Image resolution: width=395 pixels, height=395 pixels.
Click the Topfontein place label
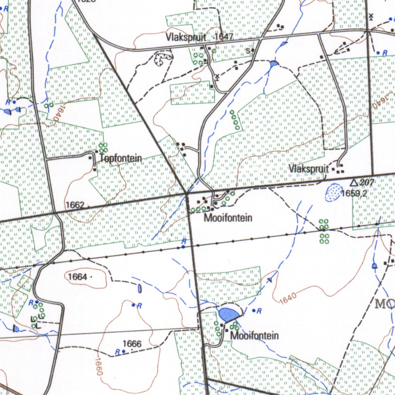(x=121, y=158)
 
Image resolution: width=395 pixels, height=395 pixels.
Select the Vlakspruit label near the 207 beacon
(x=309, y=169)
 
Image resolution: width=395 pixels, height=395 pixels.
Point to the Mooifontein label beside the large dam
(x=255, y=336)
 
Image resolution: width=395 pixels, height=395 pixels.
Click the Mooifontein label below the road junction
(x=228, y=218)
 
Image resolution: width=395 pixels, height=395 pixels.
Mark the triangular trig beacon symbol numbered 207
(x=354, y=182)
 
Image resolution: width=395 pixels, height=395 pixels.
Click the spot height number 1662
(x=74, y=205)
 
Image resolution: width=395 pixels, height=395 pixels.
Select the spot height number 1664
(x=77, y=277)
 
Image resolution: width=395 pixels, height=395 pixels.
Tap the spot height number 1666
(x=132, y=343)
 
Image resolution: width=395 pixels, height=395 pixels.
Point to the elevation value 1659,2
(x=354, y=193)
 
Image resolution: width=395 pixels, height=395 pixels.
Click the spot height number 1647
(x=225, y=37)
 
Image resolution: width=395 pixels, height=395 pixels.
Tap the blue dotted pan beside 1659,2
(x=333, y=192)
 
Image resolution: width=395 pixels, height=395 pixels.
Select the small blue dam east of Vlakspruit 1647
(x=274, y=64)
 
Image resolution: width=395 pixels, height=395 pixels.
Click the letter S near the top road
(x=248, y=50)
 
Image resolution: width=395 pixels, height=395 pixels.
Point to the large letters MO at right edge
(x=385, y=304)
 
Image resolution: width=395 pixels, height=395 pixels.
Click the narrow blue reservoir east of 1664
(x=139, y=288)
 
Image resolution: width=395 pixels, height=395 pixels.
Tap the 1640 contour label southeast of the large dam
(x=288, y=298)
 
